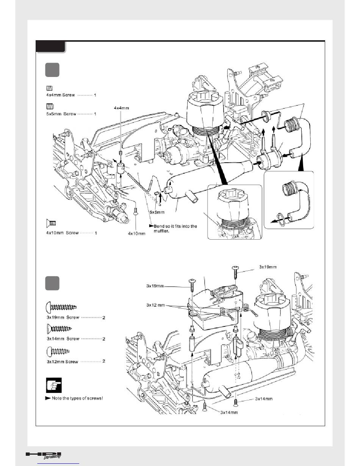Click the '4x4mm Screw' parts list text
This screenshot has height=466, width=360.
tap(58, 95)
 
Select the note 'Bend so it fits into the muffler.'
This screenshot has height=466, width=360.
tap(174, 228)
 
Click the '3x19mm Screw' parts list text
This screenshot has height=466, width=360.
tap(63, 317)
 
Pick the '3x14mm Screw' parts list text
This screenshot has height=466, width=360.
tap(63, 339)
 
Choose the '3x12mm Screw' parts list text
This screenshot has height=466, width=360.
tap(63, 362)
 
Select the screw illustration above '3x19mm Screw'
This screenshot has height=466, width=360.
tap(61, 306)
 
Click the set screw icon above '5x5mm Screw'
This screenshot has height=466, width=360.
tap(49, 106)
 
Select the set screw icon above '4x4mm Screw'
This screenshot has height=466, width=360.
tap(49, 88)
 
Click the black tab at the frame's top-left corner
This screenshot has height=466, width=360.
tap(50, 47)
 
